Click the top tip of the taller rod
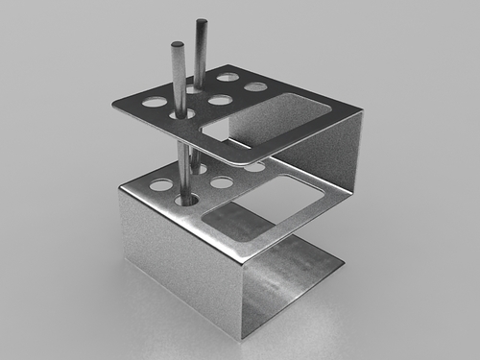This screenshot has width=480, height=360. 202,23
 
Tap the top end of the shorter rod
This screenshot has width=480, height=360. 178,44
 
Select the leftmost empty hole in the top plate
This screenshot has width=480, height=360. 154,101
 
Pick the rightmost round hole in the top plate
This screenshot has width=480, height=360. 255,87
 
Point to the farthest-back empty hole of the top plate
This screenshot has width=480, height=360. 228,77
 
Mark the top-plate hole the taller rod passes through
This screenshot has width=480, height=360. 199,89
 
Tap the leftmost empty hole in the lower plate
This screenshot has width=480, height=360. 161,184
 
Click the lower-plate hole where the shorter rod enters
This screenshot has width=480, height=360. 186,201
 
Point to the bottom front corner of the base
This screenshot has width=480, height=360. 239,338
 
